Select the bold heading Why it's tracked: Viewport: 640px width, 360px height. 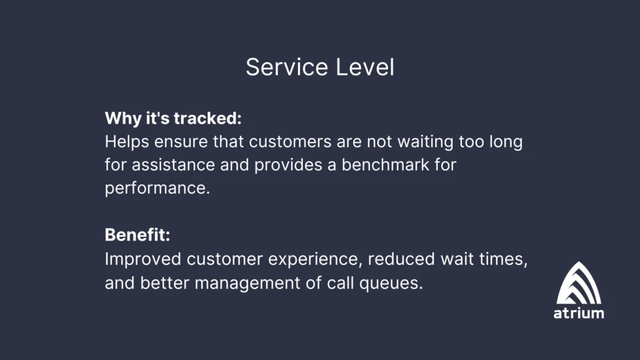(173, 118)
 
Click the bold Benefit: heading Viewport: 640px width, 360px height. (137, 236)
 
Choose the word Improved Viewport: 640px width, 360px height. (142, 259)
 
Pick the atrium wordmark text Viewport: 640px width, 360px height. (579, 313)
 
